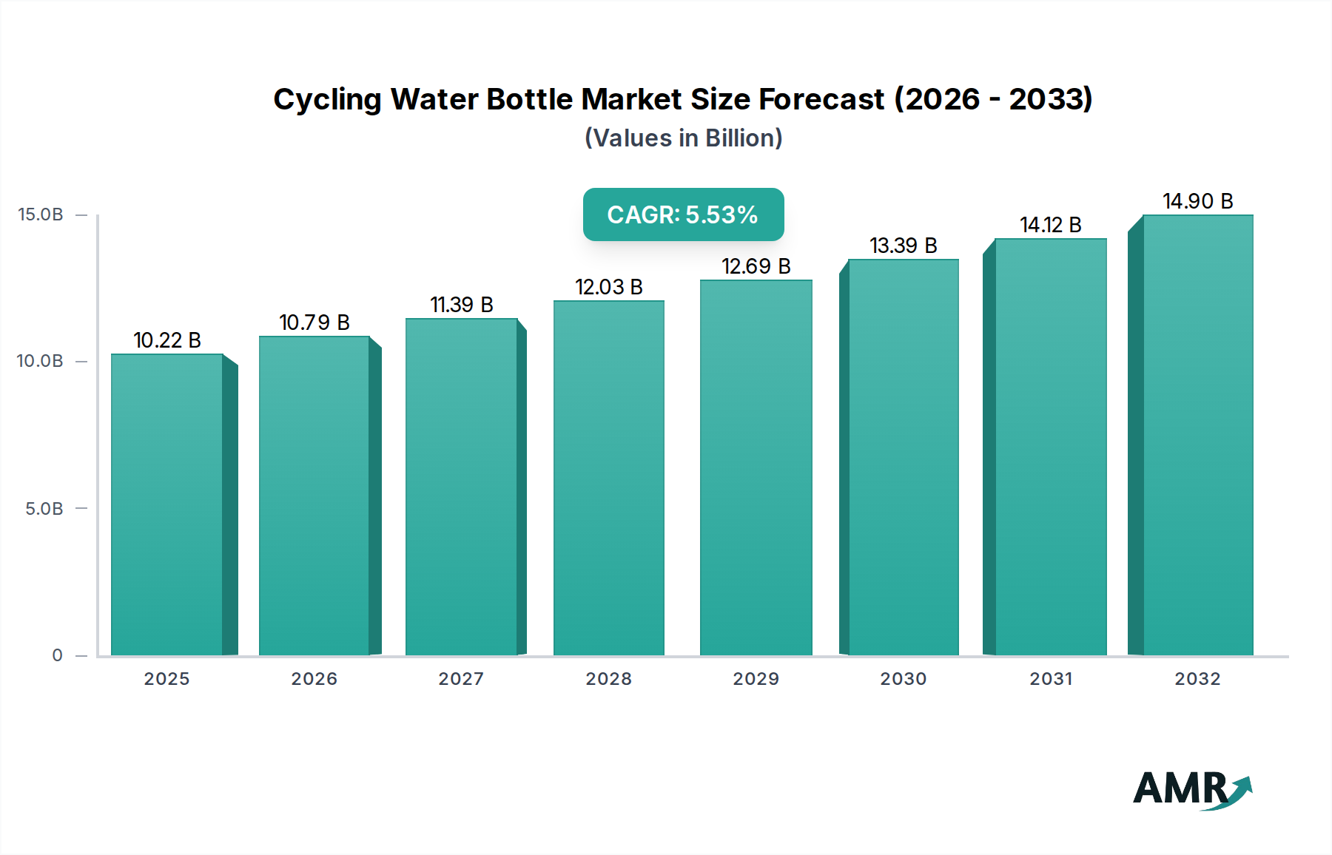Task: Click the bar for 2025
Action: tap(167, 504)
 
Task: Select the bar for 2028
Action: tap(608, 478)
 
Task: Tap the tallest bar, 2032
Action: tap(1197, 435)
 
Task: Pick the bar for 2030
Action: tap(903, 457)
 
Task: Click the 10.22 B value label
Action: tap(167, 340)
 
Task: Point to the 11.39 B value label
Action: tap(461, 305)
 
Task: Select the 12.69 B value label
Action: tap(756, 266)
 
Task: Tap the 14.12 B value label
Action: tap(1050, 225)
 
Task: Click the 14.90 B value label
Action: tap(1197, 201)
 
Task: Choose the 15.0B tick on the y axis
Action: tap(41, 214)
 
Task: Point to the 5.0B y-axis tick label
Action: tap(44, 509)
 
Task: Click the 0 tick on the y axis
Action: tap(58, 655)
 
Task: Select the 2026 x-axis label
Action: tap(314, 679)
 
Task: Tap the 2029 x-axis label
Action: tap(756, 679)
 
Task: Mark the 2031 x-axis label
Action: tap(1050, 679)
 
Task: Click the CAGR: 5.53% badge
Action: tap(683, 214)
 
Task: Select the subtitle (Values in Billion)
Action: tap(683, 138)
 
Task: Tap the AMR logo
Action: tap(1191, 789)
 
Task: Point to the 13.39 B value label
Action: tap(903, 246)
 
